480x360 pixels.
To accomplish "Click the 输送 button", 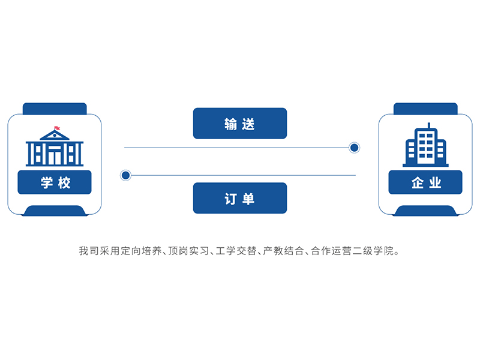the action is pyautogui.click(x=240, y=124).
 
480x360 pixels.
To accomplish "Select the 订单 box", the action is pyautogui.click(x=240, y=198).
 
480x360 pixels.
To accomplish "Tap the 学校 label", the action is pyautogui.click(x=55, y=182).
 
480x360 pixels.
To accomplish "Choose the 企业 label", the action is pyautogui.click(x=425, y=182).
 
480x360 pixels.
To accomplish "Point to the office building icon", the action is pyautogui.click(x=425, y=145).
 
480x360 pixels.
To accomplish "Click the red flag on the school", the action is pyautogui.click(x=56, y=128).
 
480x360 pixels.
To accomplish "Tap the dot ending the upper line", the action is pyautogui.click(x=354, y=148).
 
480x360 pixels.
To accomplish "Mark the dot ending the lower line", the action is pyautogui.click(x=125, y=175).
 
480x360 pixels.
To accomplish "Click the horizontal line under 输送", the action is pyautogui.click(x=236, y=148).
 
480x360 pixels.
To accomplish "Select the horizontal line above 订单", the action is pyautogui.click(x=244, y=175).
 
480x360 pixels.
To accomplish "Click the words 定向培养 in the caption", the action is pyautogui.click(x=142, y=251).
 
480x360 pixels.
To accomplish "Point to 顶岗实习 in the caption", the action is pyautogui.click(x=188, y=251).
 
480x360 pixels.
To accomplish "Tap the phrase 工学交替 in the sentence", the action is pyautogui.click(x=236, y=251).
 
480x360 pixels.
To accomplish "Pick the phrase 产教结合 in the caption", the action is pyautogui.click(x=283, y=251).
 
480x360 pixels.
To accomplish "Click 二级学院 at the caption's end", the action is pyautogui.click(x=373, y=251).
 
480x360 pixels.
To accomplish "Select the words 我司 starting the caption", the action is pyautogui.click(x=89, y=251).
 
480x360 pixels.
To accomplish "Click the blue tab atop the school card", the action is pyautogui.click(x=55, y=109).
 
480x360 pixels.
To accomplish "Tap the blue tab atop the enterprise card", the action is pyautogui.click(x=425, y=109).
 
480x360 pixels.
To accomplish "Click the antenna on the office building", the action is pyautogui.click(x=429, y=125).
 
